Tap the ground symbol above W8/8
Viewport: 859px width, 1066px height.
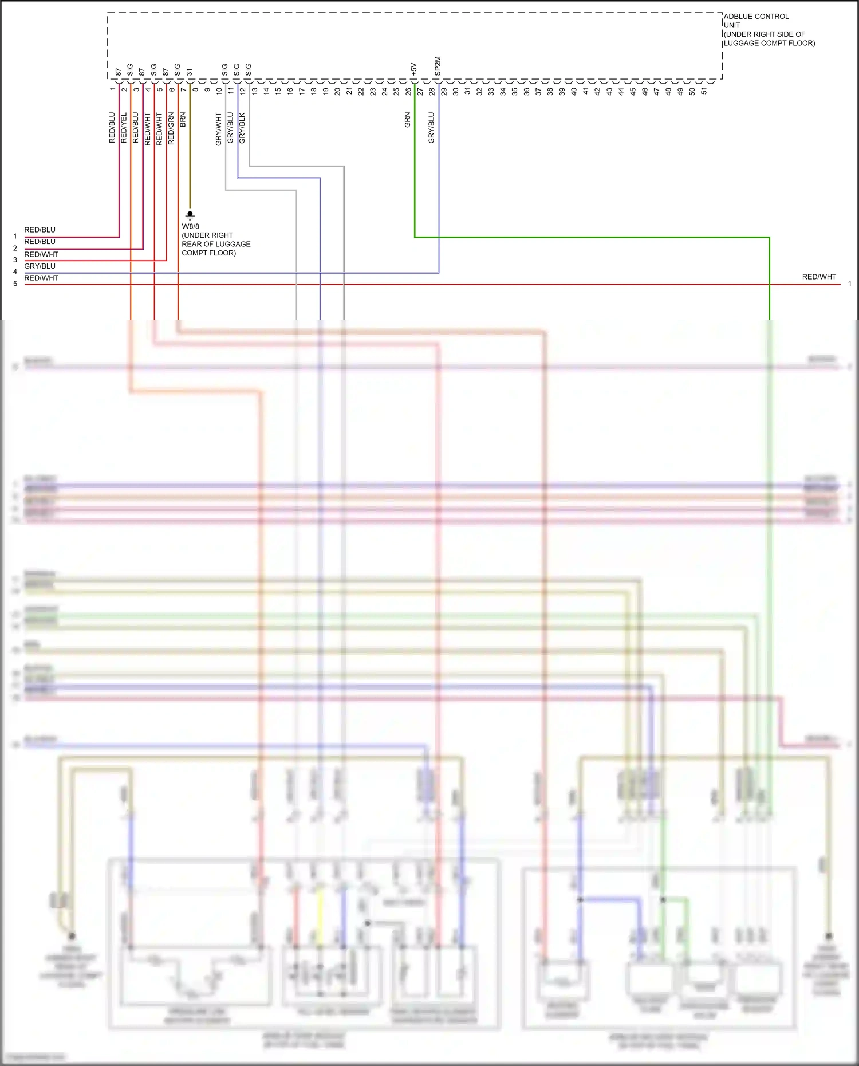coord(190,215)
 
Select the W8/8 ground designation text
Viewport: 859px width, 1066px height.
coord(191,226)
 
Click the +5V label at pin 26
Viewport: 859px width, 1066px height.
coord(414,69)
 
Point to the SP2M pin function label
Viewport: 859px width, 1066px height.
coord(438,66)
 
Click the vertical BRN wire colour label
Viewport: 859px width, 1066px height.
coord(183,120)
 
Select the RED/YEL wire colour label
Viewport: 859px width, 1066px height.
coord(124,128)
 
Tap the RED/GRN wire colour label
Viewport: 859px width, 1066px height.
coord(171,128)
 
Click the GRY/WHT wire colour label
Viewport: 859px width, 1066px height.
coord(218,129)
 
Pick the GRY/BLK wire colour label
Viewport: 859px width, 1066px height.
coord(242,128)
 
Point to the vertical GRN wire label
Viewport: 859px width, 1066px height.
coord(407,120)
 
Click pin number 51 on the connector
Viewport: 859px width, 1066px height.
coord(704,91)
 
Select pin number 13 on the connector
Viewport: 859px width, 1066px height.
coord(254,91)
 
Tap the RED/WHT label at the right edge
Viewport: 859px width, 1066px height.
coord(819,277)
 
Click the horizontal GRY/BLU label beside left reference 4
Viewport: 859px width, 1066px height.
coord(40,266)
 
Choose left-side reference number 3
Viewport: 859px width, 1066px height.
coord(15,260)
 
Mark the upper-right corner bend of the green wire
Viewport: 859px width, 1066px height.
coord(769,237)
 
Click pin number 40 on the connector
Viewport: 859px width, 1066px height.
coord(574,91)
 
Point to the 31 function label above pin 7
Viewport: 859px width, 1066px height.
coord(190,72)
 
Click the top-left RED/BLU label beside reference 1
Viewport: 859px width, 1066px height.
coord(40,230)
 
